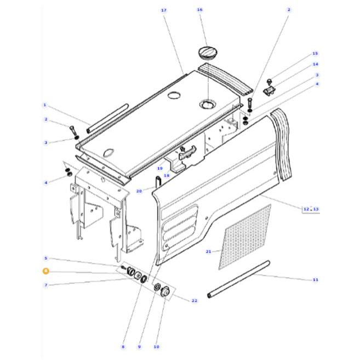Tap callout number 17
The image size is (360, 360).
click(x=163, y=10)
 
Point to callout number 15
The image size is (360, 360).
click(x=315, y=54)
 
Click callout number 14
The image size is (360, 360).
click(x=316, y=64)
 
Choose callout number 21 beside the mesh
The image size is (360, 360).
click(x=208, y=252)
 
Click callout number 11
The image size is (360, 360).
click(x=315, y=280)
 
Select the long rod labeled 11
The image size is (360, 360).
click(x=239, y=279)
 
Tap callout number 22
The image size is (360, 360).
click(x=195, y=300)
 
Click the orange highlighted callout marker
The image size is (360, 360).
click(x=45, y=271)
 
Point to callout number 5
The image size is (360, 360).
click(x=46, y=258)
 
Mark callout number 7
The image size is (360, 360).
click(x=46, y=285)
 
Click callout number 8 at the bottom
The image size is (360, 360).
click(x=123, y=347)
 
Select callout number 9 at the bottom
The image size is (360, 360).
click(x=139, y=347)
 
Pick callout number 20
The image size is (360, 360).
click(x=139, y=191)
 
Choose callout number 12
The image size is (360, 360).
click(x=306, y=208)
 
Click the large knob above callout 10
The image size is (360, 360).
click(x=164, y=293)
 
